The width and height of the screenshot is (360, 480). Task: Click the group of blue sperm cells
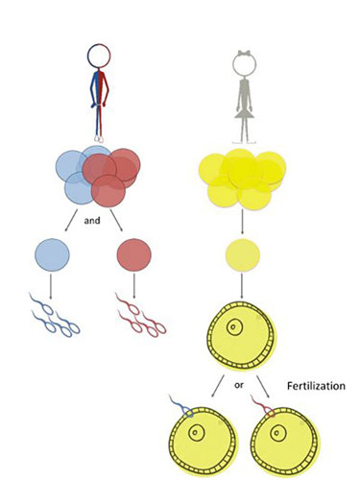pyautogui.click(x=52, y=316)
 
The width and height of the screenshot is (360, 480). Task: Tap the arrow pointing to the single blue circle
pyautogui.click(x=66, y=225)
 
